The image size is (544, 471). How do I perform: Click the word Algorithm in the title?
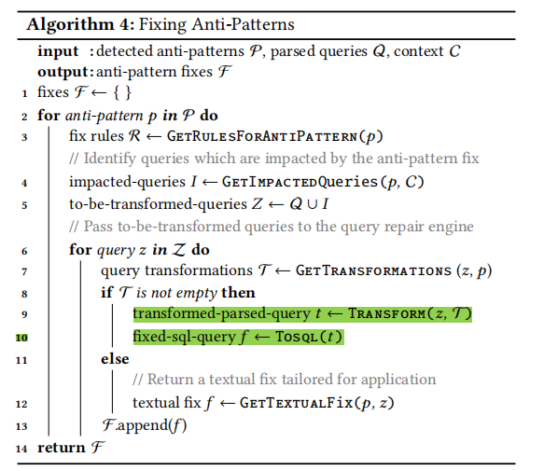70,25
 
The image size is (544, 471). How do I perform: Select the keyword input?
58,51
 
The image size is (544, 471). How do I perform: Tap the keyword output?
63,72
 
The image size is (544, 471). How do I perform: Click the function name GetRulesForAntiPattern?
262,136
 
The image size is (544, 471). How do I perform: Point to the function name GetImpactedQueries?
300,182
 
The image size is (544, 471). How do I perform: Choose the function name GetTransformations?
373,270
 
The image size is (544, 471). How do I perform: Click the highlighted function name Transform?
387,313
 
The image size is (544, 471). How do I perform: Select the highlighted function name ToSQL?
297,337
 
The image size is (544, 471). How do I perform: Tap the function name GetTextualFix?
297,403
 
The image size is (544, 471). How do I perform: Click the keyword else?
115,359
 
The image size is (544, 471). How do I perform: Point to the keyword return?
61,448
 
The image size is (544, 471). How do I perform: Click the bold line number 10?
21,338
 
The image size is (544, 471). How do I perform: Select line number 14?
21,449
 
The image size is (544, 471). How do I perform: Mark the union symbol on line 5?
313,204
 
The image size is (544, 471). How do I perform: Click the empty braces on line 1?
122,92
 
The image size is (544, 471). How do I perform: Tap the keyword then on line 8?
238,293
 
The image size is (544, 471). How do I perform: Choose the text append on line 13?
143,426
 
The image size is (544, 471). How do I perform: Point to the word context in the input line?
419,51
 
